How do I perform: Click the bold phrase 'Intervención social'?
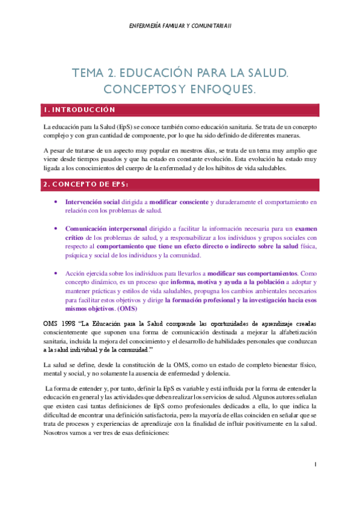(x=91, y=202)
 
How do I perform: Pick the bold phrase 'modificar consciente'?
(x=179, y=202)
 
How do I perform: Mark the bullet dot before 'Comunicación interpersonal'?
(x=56, y=229)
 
